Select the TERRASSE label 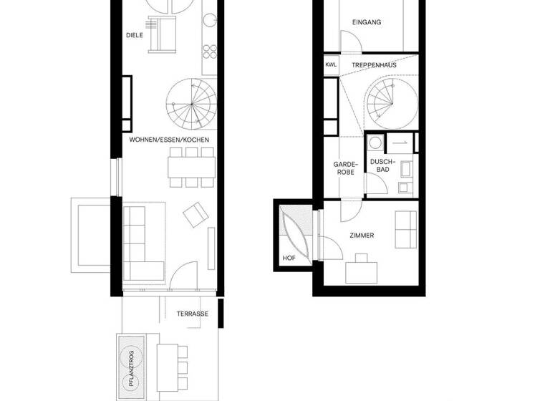193,314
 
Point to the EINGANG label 367,22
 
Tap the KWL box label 330,64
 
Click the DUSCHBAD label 380,165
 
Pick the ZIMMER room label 362,235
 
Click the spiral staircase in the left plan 190,102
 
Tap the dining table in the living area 192,167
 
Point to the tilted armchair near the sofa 196,215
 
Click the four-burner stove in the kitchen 210,50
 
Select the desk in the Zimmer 362,271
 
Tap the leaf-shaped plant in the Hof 294,236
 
